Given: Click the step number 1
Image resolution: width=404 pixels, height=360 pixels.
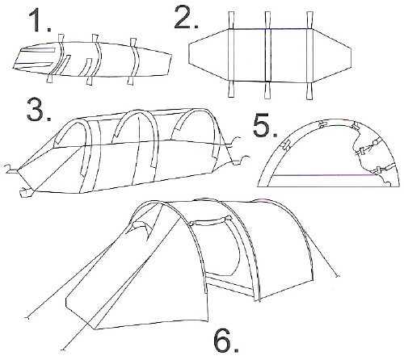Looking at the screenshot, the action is click(40, 20).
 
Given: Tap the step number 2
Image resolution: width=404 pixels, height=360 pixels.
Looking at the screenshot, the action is click(187, 17).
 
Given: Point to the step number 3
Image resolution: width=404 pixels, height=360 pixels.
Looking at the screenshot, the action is click(39, 110).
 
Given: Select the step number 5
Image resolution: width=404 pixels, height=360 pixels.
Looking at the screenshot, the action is click(265, 125).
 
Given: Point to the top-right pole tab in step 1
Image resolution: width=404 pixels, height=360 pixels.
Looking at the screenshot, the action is click(133, 43).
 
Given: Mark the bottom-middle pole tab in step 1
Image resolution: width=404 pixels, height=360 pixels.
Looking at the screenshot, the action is click(90, 81).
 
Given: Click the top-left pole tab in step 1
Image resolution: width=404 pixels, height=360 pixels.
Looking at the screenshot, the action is click(61, 38).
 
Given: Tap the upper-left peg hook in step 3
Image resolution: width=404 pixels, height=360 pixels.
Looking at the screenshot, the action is click(11, 169).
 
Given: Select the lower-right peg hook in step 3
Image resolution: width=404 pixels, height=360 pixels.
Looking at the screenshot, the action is click(241, 160).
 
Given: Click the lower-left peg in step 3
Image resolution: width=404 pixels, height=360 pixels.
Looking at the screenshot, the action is click(27, 191).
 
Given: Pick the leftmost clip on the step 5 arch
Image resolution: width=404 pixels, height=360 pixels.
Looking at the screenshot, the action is click(286, 145).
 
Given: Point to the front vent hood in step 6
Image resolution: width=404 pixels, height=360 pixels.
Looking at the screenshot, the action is click(141, 228).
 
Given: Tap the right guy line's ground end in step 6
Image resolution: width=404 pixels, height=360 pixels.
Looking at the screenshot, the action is click(337, 276).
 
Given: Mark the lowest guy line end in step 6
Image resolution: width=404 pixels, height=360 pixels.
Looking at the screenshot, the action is click(63, 350).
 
